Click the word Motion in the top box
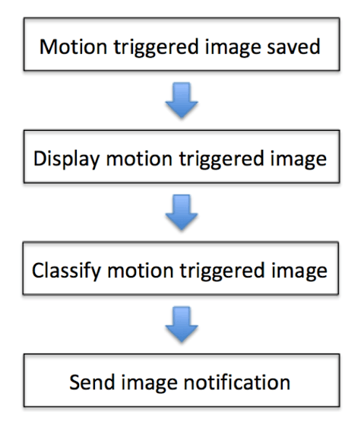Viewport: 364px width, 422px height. (x=74, y=47)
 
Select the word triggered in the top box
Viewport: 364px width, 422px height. (x=157, y=48)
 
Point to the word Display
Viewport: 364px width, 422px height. (x=66, y=160)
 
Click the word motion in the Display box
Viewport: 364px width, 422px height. (x=139, y=159)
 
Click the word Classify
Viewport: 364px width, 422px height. (x=66, y=271)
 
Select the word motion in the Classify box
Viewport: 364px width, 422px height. (x=141, y=271)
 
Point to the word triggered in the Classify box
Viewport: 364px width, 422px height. (x=223, y=271)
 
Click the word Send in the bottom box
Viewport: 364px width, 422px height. (x=92, y=382)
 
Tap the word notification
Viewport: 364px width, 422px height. (x=237, y=382)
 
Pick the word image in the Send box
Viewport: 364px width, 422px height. (x=149, y=383)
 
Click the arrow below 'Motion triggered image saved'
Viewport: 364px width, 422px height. (x=182, y=100)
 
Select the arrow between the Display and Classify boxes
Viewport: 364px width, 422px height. (x=182, y=212)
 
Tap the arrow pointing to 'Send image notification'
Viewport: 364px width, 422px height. (x=182, y=324)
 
